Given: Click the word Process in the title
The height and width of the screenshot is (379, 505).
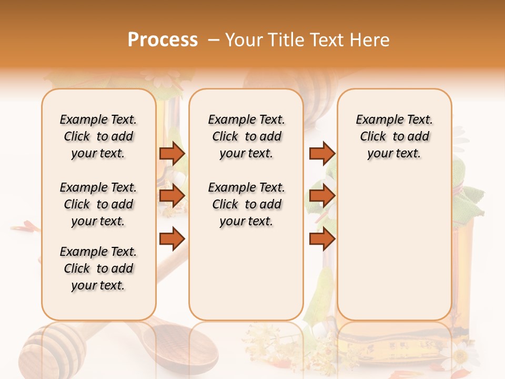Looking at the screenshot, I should [163, 40].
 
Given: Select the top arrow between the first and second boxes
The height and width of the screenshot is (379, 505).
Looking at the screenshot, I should [171, 154].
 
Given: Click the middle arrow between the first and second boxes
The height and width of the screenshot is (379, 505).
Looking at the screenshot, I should [171, 196].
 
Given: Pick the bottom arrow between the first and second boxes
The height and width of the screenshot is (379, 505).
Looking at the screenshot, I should [171, 238].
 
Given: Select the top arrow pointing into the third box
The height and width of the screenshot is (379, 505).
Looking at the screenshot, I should [322, 154].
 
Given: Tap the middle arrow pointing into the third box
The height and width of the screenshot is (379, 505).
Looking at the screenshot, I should [322, 196].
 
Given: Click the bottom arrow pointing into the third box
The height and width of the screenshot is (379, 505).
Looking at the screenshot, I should [322, 238].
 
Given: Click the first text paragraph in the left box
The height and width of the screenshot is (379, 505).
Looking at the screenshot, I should [98, 136].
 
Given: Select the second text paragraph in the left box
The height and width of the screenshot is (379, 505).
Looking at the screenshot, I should [98, 204].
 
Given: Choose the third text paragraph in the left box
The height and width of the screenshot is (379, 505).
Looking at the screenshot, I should [98, 268].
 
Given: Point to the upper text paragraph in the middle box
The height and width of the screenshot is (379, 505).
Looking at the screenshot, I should [246, 136].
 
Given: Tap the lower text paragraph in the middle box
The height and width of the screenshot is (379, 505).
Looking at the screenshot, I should [246, 204].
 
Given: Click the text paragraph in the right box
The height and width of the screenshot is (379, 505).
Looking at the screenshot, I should [394, 136].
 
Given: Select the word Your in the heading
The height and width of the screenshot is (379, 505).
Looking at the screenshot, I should [243, 40].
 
